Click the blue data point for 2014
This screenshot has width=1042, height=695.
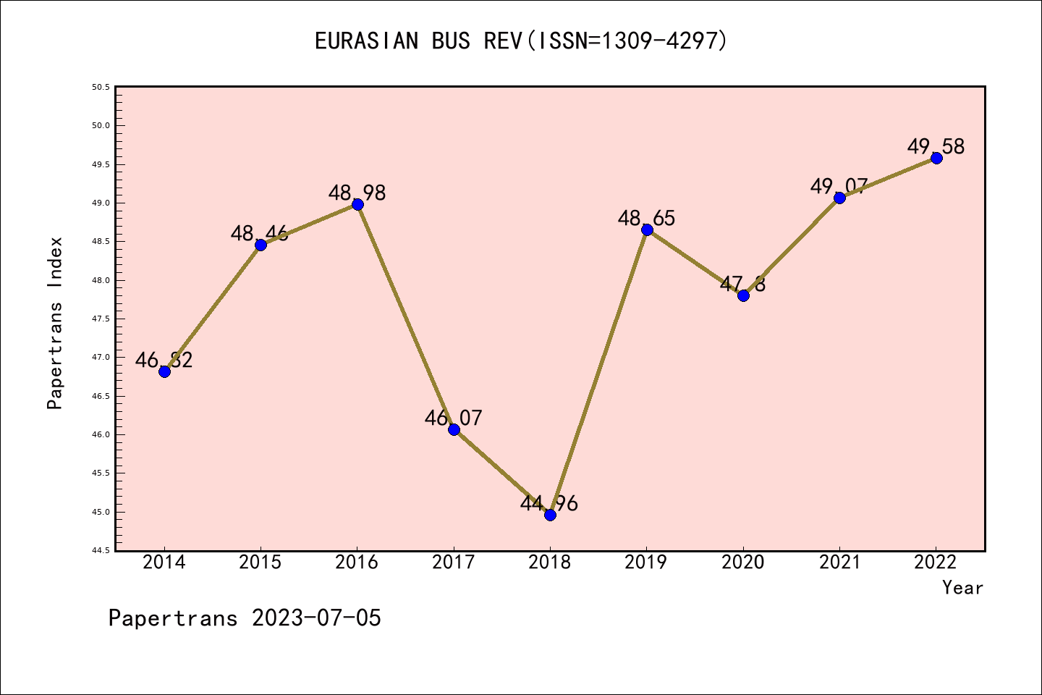point(164,371)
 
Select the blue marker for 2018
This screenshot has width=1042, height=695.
point(550,515)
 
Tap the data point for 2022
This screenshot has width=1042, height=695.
point(936,158)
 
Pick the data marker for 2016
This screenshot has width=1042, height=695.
point(357,204)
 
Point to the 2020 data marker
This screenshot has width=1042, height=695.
point(743,295)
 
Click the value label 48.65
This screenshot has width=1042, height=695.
point(646,218)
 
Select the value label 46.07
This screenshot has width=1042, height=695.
point(453,418)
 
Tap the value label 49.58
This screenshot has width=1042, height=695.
point(936,146)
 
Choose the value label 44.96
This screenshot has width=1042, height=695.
point(549,503)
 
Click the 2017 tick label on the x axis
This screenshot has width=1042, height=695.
point(454,563)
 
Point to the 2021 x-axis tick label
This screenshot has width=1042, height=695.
point(839,563)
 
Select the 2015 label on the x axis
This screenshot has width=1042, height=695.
point(260,563)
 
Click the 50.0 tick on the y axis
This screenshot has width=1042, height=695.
point(101,126)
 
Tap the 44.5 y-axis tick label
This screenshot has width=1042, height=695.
point(101,551)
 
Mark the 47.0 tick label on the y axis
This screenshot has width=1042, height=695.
point(101,358)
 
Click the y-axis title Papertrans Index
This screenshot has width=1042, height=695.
point(55,323)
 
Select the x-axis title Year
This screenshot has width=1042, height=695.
point(962,588)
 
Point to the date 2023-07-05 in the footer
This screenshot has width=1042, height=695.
point(316,618)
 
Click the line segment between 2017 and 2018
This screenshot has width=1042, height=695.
point(501,472)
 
